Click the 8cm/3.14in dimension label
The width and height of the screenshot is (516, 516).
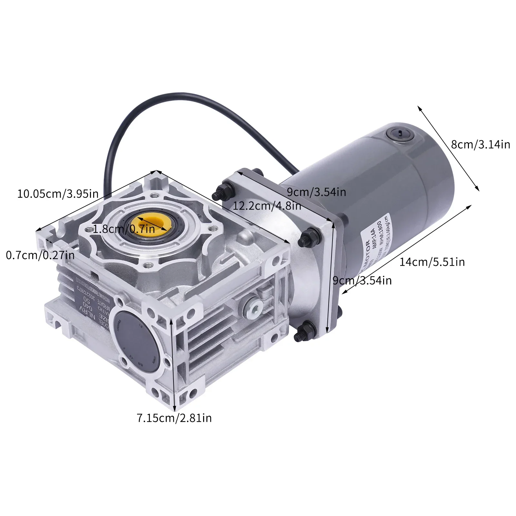coord(481,144)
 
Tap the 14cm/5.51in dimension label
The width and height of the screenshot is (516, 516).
coord(432,262)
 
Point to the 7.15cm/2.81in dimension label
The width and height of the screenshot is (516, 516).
coord(174,418)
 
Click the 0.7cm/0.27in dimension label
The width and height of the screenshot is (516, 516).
coord(40,255)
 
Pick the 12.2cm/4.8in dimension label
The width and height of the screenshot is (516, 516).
coord(267,205)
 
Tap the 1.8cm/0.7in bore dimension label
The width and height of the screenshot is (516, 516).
coord(124,229)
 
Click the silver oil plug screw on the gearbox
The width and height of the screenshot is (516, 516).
coord(253,308)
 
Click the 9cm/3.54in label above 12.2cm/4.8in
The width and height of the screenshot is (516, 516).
coord(316,192)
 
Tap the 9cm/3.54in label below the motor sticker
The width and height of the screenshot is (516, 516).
coord(362,281)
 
